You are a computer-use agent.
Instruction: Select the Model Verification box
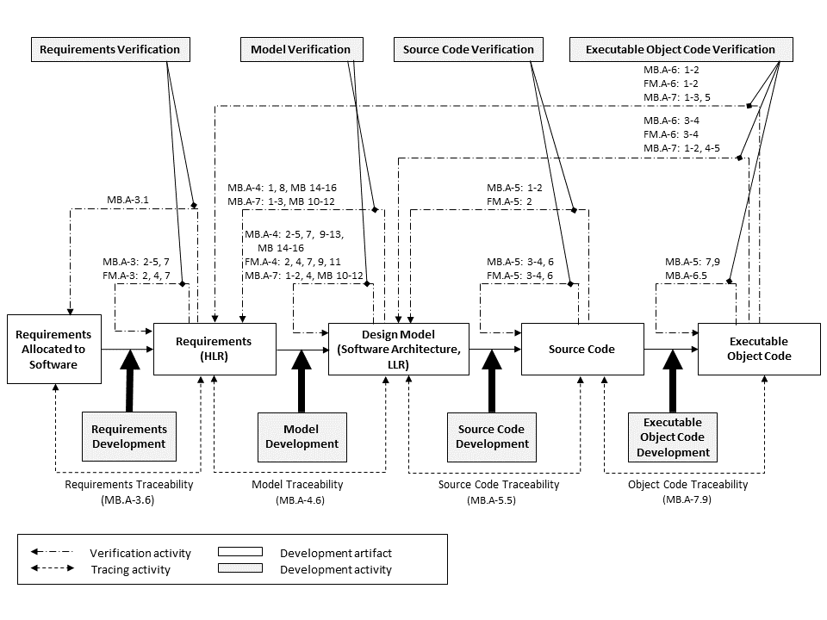click(x=301, y=50)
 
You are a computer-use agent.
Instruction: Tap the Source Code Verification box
click(x=469, y=50)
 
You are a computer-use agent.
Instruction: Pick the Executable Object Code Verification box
click(x=680, y=50)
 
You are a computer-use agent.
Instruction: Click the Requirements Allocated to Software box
click(x=53, y=349)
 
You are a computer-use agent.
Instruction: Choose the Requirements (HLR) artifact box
click(x=214, y=349)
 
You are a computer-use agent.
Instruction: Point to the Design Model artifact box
click(x=399, y=349)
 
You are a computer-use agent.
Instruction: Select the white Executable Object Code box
click(x=759, y=349)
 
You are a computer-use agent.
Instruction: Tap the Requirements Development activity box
click(x=128, y=436)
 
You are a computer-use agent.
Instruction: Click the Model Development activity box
click(x=302, y=436)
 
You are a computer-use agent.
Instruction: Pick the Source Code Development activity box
click(x=492, y=436)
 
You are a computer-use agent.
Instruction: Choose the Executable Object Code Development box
click(x=673, y=436)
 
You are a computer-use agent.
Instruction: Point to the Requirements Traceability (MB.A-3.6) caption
click(x=129, y=492)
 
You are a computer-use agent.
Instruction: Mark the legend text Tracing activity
click(x=130, y=569)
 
